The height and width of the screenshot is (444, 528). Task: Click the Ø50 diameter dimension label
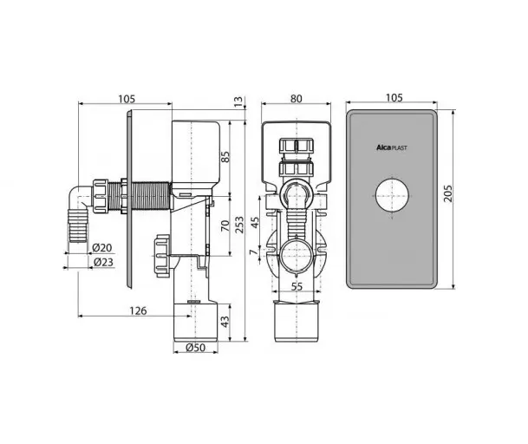click(x=195, y=348)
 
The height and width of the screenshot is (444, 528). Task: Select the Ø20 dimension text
click(x=102, y=248)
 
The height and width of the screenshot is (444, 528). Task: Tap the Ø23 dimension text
click(x=103, y=262)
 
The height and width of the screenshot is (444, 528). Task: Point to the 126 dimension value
click(x=139, y=310)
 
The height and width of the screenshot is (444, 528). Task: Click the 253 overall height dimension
click(x=239, y=225)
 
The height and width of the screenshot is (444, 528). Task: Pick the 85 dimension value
click(x=225, y=157)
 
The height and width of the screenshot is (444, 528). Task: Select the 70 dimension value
click(x=225, y=225)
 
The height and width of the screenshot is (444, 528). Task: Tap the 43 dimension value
click(x=225, y=321)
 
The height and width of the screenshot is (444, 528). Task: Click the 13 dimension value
click(x=238, y=101)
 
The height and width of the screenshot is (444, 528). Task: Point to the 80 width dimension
click(x=297, y=99)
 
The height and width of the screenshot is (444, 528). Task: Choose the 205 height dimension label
click(x=448, y=193)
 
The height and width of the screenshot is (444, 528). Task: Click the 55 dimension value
click(x=297, y=287)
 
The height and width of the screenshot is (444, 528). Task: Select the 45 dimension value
click(x=255, y=222)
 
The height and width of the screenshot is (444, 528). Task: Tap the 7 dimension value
click(x=255, y=251)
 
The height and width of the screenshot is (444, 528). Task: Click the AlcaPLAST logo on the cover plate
click(x=391, y=147)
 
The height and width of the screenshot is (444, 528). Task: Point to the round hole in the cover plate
click(x=392, y=195)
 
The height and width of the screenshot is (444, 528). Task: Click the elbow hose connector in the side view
click(x=78, y=213)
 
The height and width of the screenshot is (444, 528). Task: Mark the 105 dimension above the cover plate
click(x=394, y=98)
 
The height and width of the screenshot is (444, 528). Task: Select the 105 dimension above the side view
click(x=127, y=99)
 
